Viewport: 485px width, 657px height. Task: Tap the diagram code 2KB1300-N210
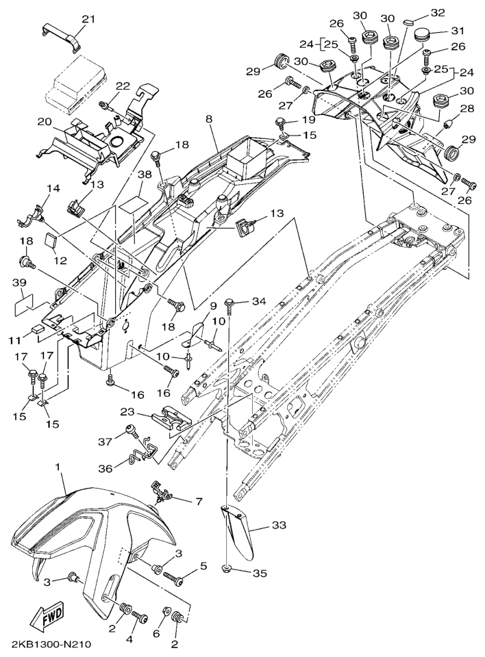(51, 644)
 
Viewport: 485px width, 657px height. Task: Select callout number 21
(88, 19)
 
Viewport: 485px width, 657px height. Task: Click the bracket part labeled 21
(61, 39)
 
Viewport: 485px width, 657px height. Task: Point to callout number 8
(208, 119)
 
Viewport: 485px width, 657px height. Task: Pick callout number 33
(279, 525)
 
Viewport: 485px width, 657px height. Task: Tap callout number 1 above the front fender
(61, 466)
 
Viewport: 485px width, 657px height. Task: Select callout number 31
(458, 31)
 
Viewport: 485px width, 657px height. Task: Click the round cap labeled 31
(423, 35)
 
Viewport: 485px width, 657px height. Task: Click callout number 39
(19, 283)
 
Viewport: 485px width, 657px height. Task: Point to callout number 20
(45, 122)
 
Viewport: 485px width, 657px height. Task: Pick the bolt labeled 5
(173, 580)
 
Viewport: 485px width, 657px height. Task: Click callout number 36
(105, 468)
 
